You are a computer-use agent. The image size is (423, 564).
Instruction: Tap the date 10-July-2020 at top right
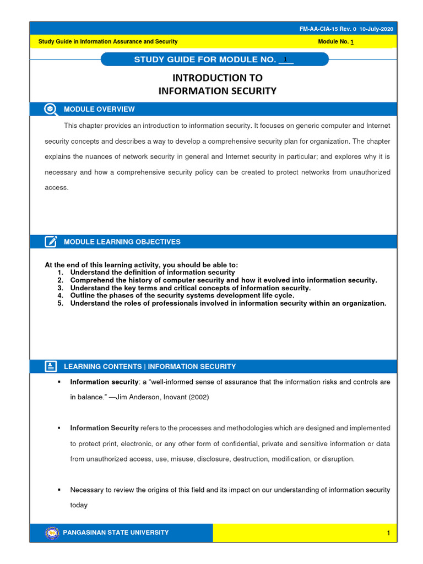(x=377, y=29)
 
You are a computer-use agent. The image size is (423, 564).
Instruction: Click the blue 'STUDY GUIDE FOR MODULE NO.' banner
(x=214, y=59)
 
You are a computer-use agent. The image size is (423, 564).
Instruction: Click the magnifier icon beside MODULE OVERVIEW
(x=51, y=109)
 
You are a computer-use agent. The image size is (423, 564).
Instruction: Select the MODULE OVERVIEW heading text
(x=99, y=109)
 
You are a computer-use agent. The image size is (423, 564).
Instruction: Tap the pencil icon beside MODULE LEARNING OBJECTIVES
(x=51, y=241)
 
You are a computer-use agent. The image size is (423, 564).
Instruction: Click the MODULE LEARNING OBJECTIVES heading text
(x=122, y=242)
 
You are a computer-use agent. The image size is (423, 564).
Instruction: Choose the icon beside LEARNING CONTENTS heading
(x=51, y=366)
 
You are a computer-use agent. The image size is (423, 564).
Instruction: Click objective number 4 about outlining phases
(x=182, y=295)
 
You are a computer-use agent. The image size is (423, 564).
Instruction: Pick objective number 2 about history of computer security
(x=223, y=280)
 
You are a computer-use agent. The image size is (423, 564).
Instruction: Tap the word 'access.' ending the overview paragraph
(x=56, y=187)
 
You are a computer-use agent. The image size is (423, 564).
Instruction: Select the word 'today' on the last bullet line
(x=79, y=505)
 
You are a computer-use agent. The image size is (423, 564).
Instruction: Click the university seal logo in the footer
(x=52, y=533)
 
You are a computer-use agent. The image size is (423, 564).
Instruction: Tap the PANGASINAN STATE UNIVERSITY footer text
(x=116, y=533)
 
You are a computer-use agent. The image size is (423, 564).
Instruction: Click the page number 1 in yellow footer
(x=388, y=533)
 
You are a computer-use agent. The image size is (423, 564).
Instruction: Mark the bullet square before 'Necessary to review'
(x=58, y=490)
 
